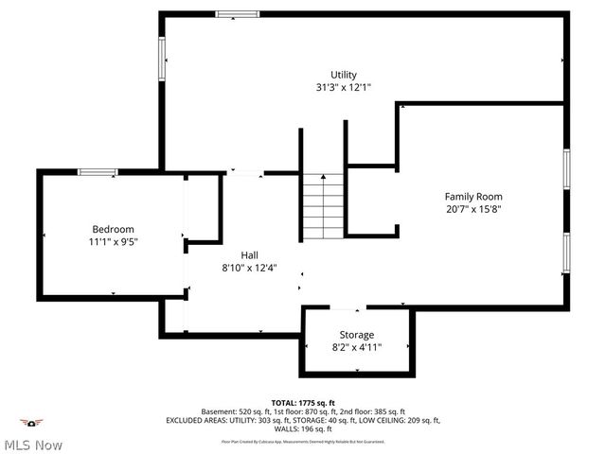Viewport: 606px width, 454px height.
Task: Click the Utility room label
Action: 343,75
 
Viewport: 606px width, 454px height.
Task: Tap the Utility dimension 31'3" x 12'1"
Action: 343,87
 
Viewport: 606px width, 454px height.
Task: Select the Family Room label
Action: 472,197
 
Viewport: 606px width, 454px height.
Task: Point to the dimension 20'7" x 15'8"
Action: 472,209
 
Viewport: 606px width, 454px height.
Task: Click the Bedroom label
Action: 113,229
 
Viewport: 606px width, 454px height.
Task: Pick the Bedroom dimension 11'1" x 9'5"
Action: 113,241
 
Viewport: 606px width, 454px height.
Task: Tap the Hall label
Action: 249,254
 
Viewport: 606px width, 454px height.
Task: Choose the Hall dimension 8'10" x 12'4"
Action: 249,267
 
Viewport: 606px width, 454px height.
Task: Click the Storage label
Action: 357,335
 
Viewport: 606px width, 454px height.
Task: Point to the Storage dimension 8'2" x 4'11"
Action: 357,347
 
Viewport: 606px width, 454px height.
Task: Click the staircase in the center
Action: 323,207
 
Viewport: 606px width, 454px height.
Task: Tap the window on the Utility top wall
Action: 236,14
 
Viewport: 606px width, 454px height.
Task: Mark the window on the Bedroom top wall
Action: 97,172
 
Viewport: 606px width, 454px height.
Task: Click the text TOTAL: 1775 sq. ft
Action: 302,403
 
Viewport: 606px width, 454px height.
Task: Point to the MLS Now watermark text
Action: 33,445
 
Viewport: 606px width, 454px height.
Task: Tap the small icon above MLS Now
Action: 33,423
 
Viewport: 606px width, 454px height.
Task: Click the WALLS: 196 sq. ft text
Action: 303,428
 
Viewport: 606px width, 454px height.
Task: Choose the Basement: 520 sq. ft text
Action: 237,411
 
